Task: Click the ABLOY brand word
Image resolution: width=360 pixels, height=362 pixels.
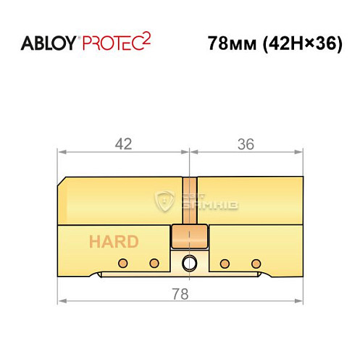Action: (x=48, y=43)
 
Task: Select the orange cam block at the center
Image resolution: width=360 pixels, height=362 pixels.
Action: (x=189, y=237)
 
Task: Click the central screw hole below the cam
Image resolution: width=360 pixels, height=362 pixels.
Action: (x=189, y=261)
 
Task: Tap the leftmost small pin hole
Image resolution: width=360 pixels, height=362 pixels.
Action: (x=124, y=261)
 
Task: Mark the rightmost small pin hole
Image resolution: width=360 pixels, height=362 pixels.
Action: (x=254, y=261)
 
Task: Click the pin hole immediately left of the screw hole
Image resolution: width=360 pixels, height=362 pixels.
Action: (x=153, y=261)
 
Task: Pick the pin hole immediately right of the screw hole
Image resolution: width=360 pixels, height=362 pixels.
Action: (x=225, y=261)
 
